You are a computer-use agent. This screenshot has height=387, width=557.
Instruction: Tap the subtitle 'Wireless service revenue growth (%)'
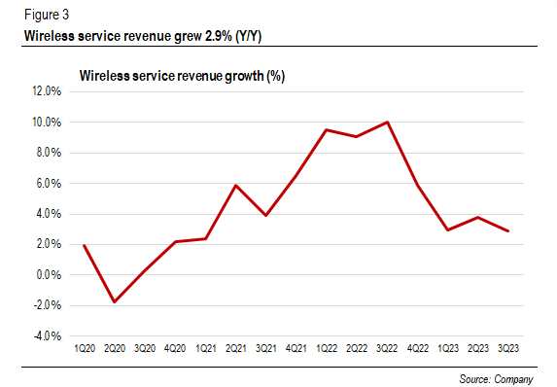click(x=182, y=75)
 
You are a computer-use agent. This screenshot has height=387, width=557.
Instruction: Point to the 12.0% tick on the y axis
click(x=47, y=91)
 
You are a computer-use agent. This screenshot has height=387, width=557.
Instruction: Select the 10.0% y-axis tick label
click(x=47, y=123)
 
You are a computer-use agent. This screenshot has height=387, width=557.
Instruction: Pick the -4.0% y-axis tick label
click(x=48, y=335)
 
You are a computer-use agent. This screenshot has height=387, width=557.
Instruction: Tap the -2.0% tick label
click(x=48, y=305)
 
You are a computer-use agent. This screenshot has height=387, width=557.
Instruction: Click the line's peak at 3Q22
click(x=388, y=123)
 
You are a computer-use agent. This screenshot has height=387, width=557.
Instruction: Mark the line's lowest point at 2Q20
click(x=115, y=301)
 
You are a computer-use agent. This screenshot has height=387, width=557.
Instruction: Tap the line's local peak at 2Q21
click(x=236, y=185)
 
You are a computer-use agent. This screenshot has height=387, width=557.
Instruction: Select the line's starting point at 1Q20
click(x=85, y=245)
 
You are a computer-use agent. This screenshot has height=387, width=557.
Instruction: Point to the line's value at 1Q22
click(x=328, y=129)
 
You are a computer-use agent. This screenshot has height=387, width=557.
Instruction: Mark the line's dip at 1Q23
click(x=448, y=229)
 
